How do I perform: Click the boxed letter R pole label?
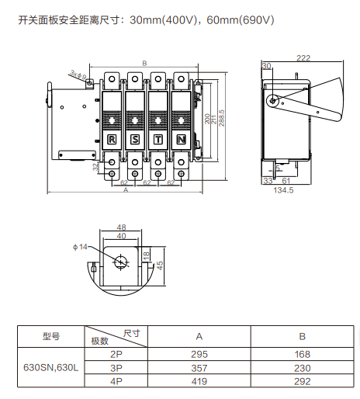tap(112, 140)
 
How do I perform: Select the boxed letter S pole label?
tap(135, 140)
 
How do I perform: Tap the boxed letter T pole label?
tap(158, 140)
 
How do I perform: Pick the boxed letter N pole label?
tap(182, 140)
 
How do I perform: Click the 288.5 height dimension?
tap(222, 118)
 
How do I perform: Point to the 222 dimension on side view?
tap(303, 58)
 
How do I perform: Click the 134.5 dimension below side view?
tap(283, 190)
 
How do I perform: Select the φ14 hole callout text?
tap(80, 247)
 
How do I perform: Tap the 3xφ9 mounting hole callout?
tap(78, 75)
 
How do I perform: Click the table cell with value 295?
tap(199, 354)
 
